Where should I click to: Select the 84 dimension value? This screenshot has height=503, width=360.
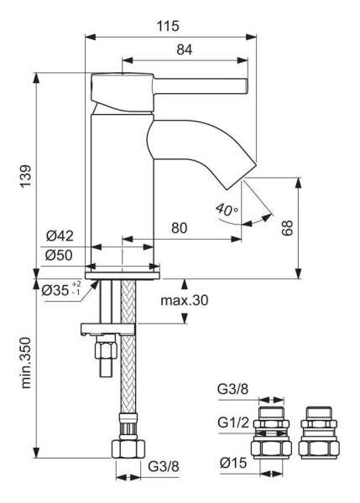tap(184, 50)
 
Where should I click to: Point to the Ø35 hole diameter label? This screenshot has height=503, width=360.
tap(60, 292)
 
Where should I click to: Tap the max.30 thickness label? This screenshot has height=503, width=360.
tap(184, 299)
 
